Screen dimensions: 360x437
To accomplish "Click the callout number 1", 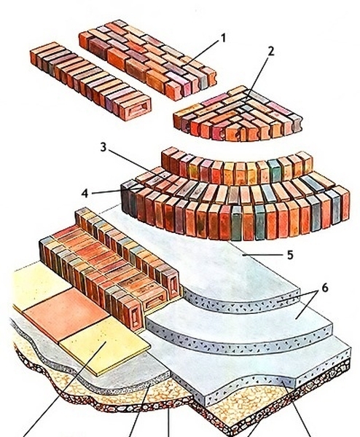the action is (x=223, y=38).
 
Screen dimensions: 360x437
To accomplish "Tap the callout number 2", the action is (x=271, y=51).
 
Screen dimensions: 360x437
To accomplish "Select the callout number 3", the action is (x=103, y=147).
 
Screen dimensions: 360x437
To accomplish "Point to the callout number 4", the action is (x=85, y=193).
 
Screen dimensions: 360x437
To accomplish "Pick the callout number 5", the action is (x=290, y=255).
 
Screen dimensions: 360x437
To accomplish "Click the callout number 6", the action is (x=325, y=288).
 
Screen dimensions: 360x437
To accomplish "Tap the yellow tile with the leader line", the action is (x=104, y=345).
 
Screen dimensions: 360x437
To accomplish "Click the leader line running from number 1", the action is (x=200, y=53).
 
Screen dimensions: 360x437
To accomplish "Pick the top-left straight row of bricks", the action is (x=90, y=81).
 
